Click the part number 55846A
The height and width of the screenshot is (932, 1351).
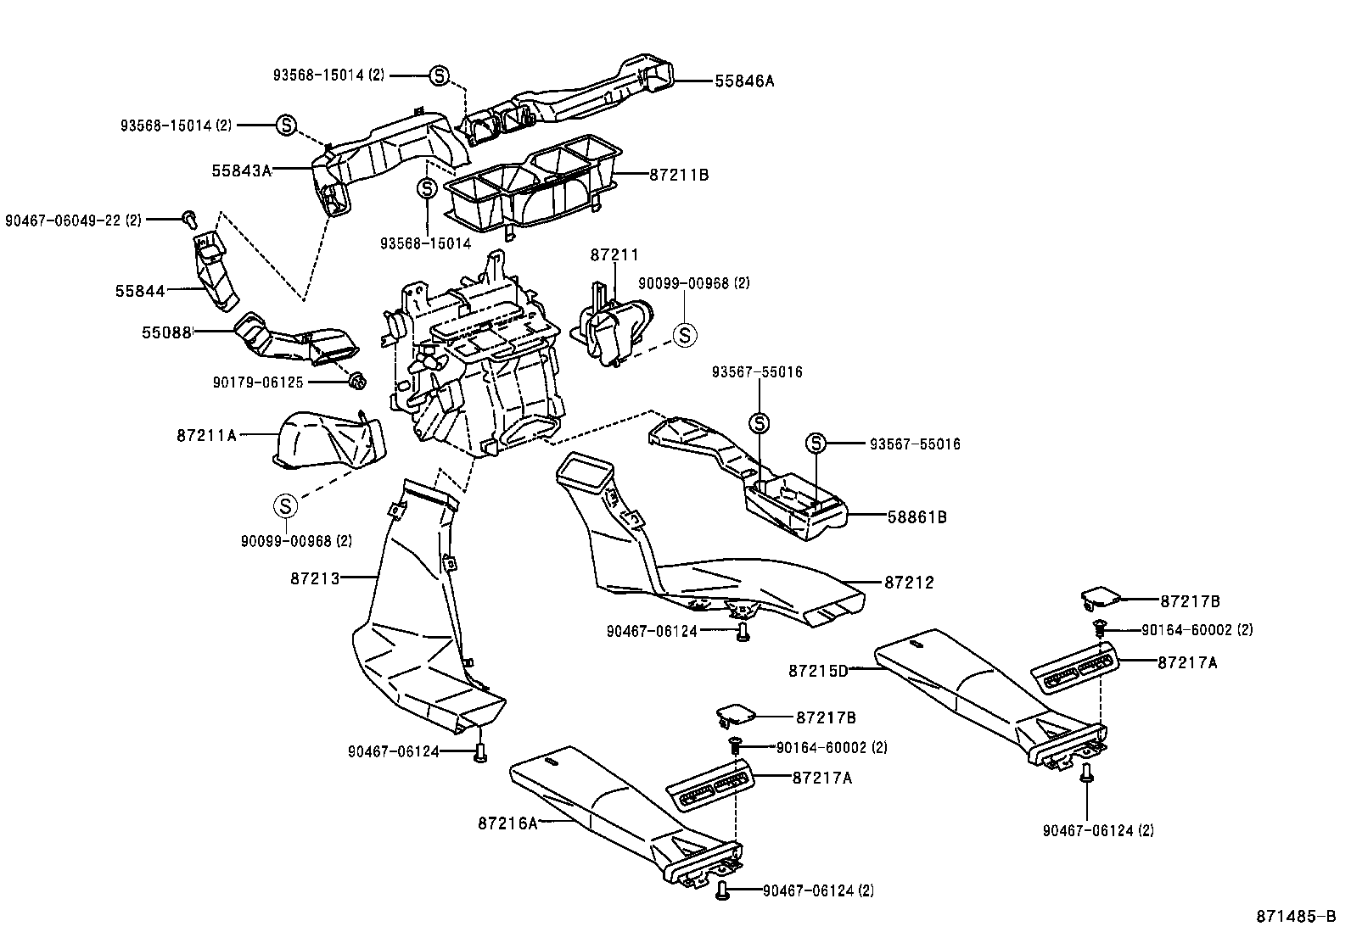pos(744,81)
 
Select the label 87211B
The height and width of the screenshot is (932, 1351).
pos(679,176)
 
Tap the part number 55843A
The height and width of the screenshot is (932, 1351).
pos(241,170)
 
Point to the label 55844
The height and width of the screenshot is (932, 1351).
pos(140,291)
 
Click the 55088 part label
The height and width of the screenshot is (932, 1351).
pos(166,332)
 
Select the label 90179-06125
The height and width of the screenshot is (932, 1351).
pos(258,383)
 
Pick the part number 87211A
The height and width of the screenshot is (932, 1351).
pos(207,435)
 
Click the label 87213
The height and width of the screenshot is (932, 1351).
pos(315,578)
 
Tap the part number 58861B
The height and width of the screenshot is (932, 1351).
pos(917,516)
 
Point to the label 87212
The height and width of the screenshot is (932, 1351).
pos(909,583)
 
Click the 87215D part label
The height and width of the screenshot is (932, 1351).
pos(818,671)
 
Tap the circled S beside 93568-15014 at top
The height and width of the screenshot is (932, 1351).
pos(439,75)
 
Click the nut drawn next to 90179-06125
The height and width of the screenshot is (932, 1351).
pos(357,382)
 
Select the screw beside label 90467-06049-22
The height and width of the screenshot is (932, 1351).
pos(188,220)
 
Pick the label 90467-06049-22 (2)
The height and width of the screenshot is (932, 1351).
pos(73,220)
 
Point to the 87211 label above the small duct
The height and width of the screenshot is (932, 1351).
pos(614,255)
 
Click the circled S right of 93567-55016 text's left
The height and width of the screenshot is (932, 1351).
pos(815,444)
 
